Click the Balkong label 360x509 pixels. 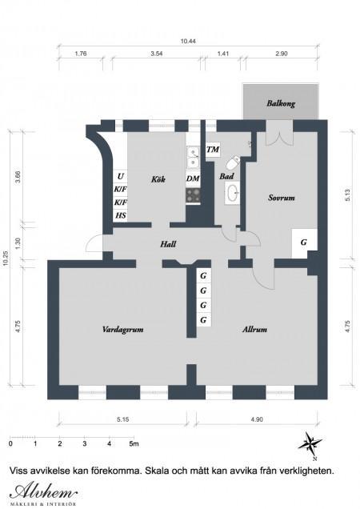point(281,103)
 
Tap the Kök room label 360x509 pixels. point(158,178)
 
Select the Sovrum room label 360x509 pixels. point(281,198)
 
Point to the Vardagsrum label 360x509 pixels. point(122,330)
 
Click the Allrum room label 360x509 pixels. point(255,330)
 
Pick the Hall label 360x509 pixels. point(168,244)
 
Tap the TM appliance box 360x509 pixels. point(213,150)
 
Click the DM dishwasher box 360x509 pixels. point(193,178)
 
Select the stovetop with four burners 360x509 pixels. point(193,195)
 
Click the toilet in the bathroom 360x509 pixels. point(233,163)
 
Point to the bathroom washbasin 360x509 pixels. point(232,193)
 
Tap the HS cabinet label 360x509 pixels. point(121,215)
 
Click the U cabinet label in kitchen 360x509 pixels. point(121,176)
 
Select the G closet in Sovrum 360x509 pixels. point(304,243)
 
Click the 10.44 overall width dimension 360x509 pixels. point(188,42)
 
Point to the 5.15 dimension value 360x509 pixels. point(122,419)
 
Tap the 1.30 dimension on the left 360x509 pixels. point(18,242)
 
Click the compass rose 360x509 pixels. point(310,444)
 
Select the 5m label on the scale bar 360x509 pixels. point(134,443)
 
